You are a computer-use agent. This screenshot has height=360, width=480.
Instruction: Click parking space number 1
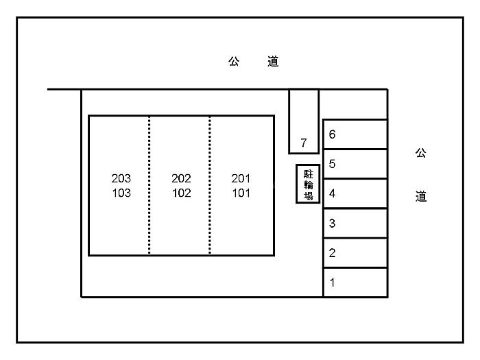point(355,282)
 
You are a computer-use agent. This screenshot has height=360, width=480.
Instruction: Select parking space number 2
point(355,252)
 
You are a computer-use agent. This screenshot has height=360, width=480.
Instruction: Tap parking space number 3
point(355,223)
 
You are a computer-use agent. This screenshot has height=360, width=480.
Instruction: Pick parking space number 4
point(355,193)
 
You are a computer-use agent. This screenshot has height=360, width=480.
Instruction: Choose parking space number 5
point(355,164)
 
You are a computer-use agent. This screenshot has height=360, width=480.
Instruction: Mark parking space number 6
point(355,134)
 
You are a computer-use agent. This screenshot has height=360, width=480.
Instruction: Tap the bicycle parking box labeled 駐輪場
point(309,184)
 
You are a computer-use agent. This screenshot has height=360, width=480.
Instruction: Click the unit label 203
point(121,178)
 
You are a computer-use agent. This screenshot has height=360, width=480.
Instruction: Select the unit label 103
point(121,193)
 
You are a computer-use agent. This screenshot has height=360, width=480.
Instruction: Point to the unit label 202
point(181,178)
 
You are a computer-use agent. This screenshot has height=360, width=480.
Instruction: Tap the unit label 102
point(181,193)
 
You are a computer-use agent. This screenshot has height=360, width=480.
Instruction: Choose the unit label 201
point(241,178)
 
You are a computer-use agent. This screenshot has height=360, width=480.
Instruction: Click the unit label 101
point(241,193)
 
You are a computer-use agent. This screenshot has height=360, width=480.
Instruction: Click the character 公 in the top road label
point(234,62)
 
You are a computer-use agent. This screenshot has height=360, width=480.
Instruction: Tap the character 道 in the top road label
point(273,62)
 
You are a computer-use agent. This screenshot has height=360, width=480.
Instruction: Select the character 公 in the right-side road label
point(420,153)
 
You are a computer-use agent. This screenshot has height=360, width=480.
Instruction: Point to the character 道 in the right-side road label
point(420,197)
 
